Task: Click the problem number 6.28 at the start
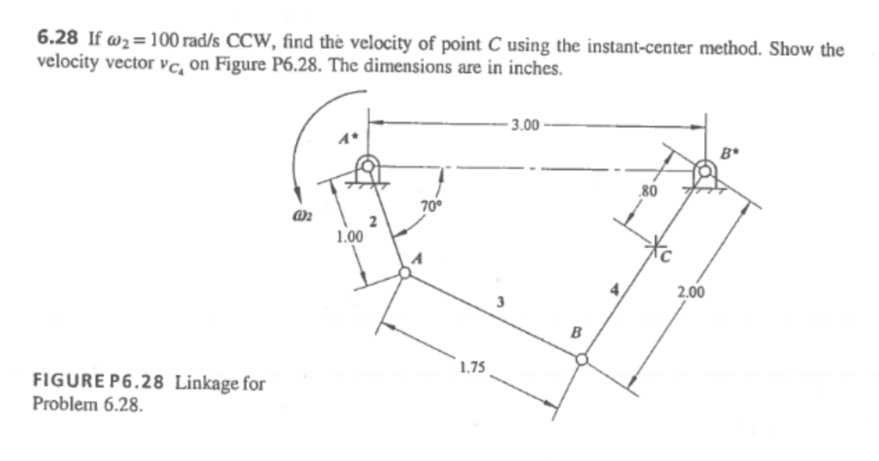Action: [x=58, y=38]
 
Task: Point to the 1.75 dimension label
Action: [x=471, y=368]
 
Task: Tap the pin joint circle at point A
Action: [x=404, y=273]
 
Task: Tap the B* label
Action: [x=728, y=155]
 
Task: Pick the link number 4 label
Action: [x=614, y=289]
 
